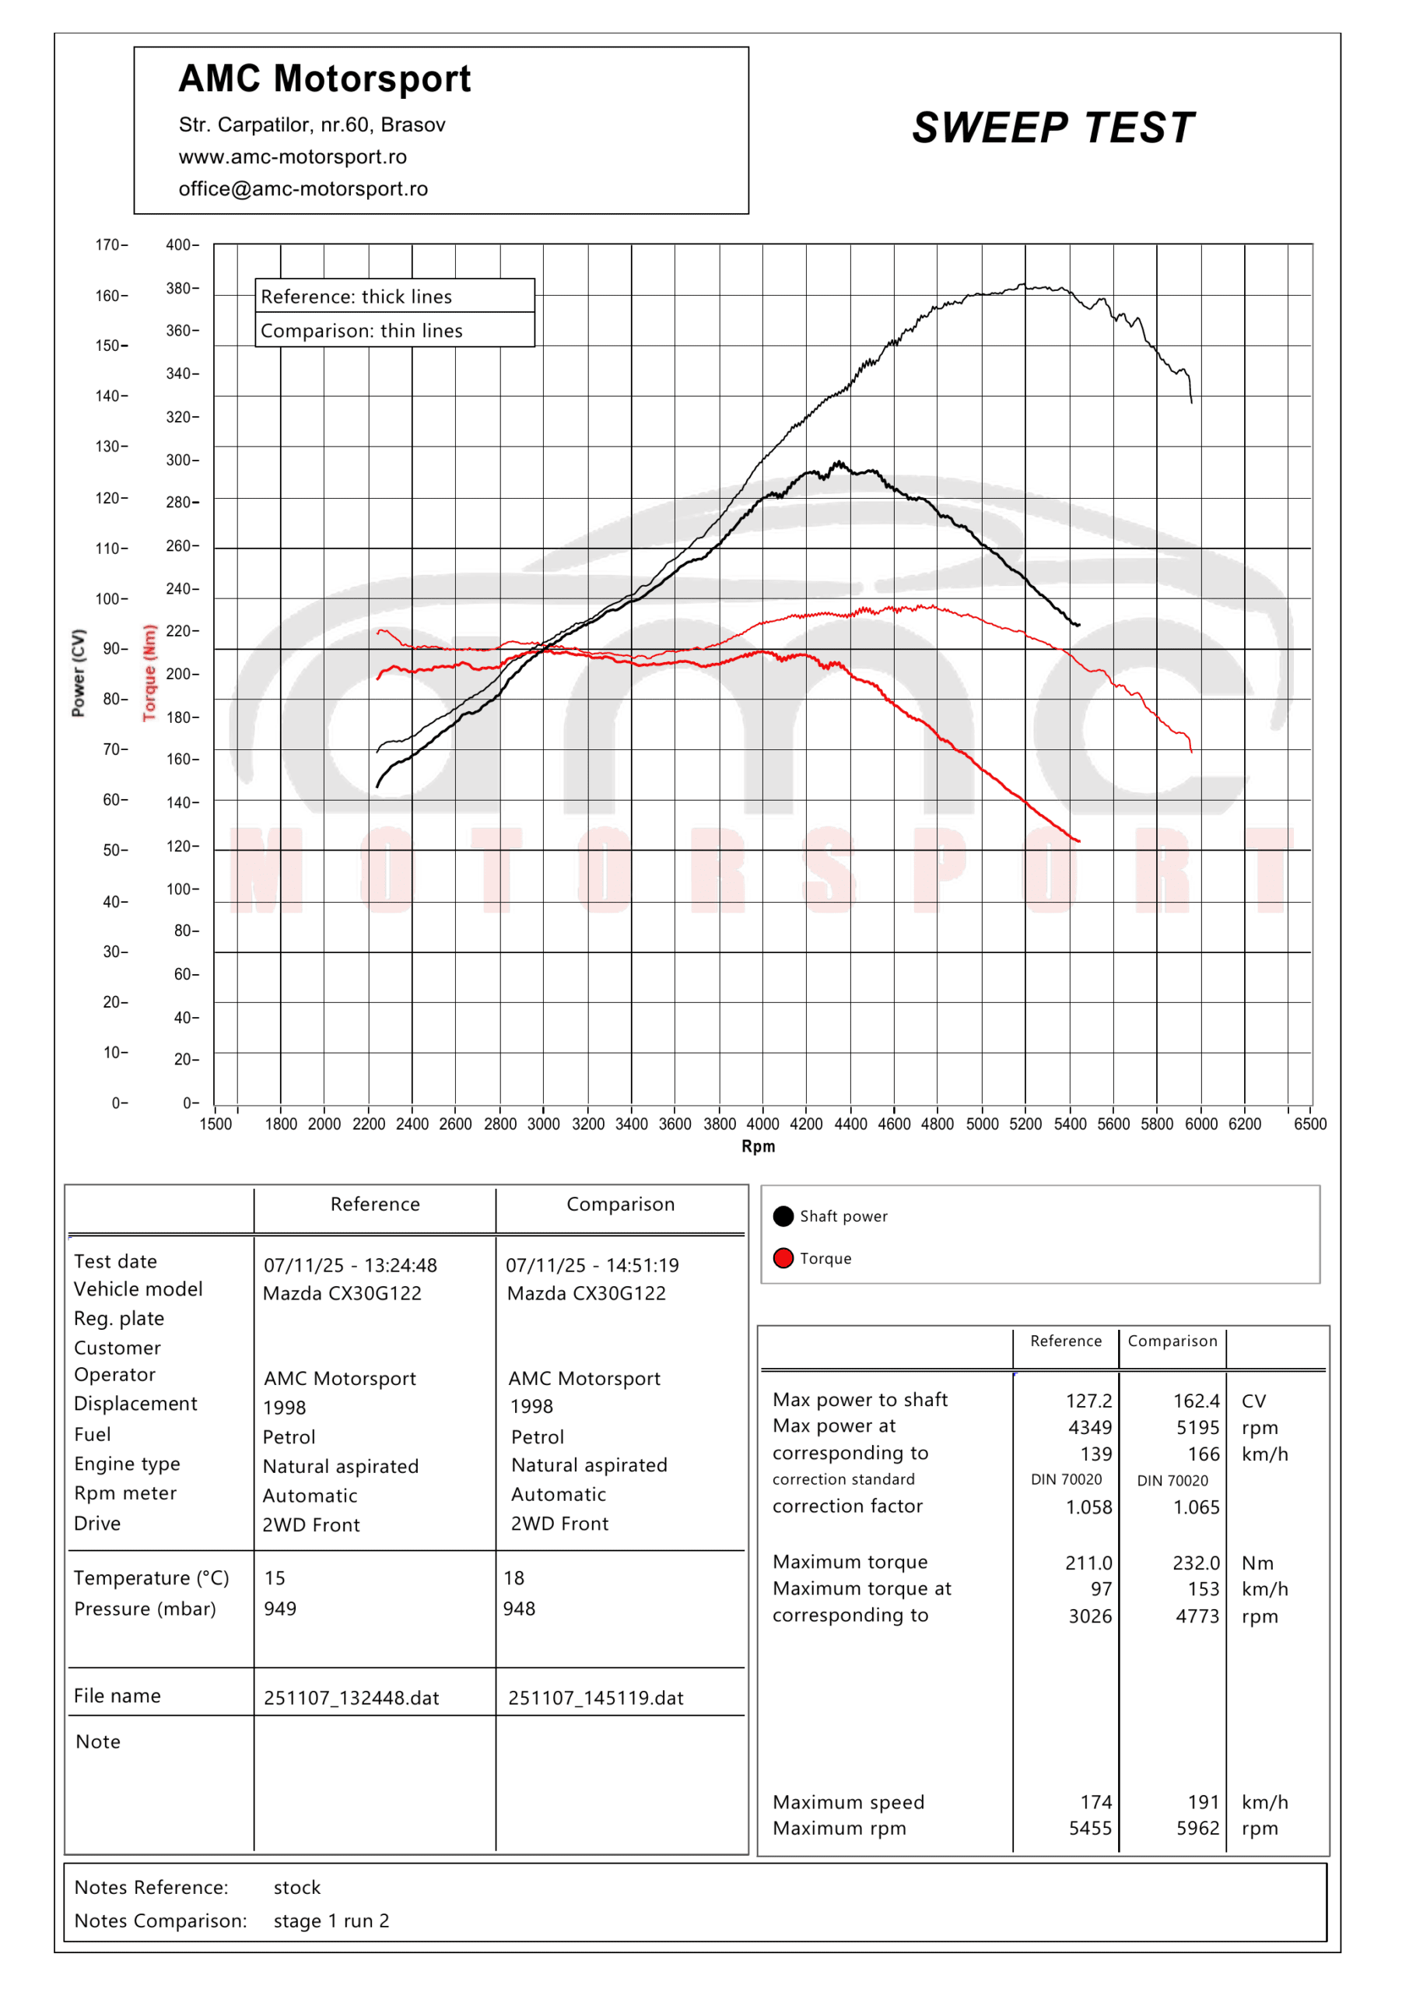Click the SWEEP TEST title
point(1053,128)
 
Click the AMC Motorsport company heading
point(324,79)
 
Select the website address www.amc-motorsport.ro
point(293,157)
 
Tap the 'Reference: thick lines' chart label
point(356,296)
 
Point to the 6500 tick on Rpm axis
point(1309,1124)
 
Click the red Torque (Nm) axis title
point(149,672)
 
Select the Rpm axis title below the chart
point(758,1146)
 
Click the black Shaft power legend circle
point(783,1216)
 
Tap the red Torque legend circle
point(783,1258)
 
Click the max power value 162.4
point(1196,1401)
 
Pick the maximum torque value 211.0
point(1088,1562)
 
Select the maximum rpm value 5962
point(1197,1828)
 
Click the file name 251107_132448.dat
point(352,1698)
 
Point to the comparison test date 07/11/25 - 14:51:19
point(592,1265)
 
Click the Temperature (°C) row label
point(151,1578)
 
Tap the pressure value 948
point(519,1608)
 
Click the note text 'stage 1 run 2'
point(331,1921)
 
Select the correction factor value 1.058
point(1088,1507)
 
